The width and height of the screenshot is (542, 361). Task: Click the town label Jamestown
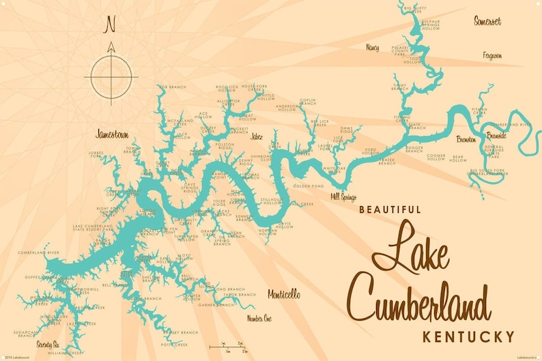[x=113, y=134]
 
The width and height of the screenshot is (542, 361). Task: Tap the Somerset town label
[x=487, y=21]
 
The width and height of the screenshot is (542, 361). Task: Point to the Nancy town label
[x=373, y=48]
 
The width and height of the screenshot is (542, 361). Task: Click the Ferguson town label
[x=491, y=55]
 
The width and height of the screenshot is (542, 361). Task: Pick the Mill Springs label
[x=343, y=197]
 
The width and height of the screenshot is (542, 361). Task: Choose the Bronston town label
[x=466, y=139]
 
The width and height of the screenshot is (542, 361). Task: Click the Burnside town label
[x=495, y=135]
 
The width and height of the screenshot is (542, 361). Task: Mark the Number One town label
[x=259, y=318]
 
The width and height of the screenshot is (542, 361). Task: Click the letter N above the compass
[x=110, y=25]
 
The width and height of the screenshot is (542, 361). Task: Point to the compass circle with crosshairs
[x=110, y=76]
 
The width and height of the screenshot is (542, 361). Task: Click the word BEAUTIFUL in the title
[x=390, y=210]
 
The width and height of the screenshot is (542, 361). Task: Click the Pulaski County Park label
[x=399, y=48]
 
